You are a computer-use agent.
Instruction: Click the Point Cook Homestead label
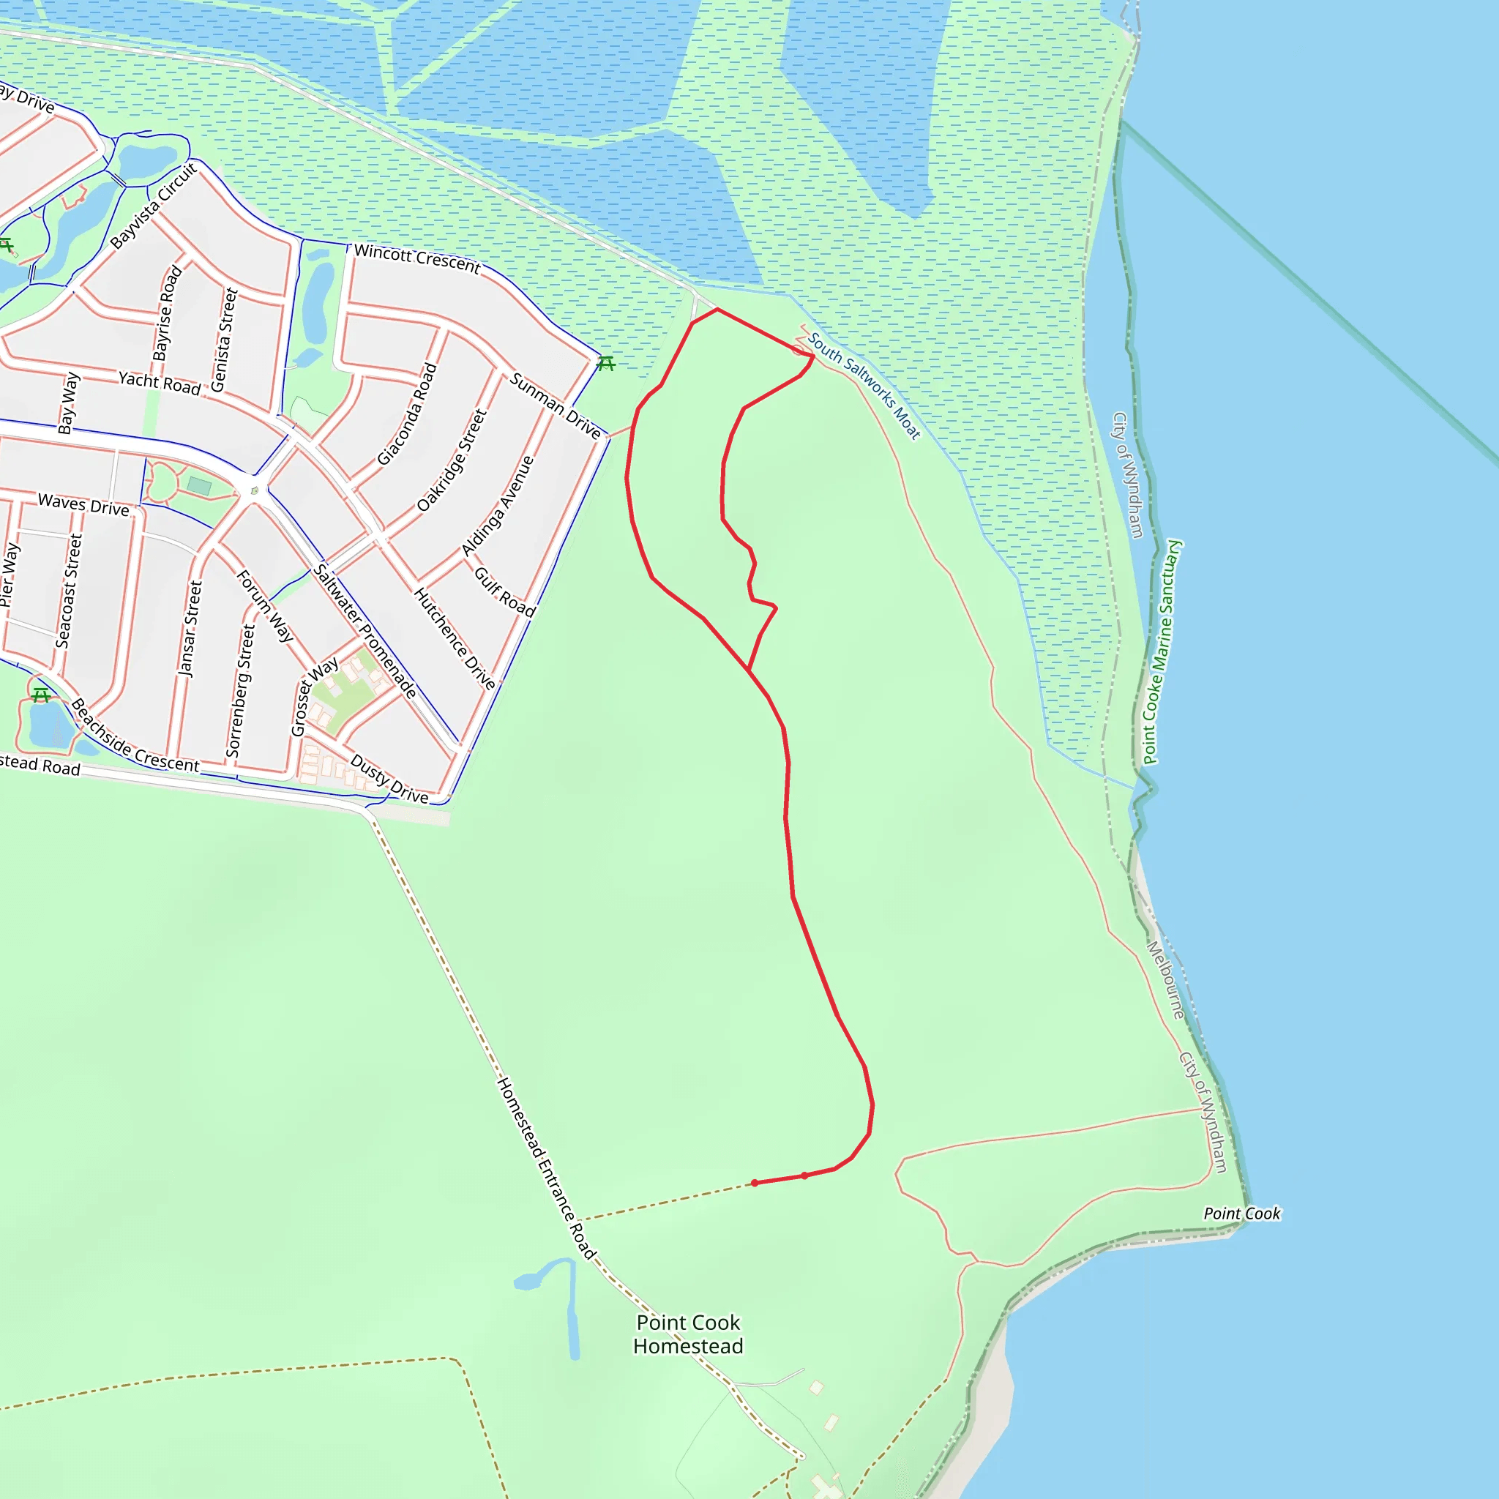tap(688, 1334)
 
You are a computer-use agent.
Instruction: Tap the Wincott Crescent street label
tap(416, 258)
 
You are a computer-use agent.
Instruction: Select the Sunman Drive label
tap(555, 405)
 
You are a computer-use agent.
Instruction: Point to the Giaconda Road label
tap(408, 414)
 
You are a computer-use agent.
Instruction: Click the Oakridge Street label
tap(452, 460)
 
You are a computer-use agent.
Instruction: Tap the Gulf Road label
tap(504, 592)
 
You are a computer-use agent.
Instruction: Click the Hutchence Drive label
tap(454, 638)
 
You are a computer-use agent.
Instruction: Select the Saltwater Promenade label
tap(365, 631)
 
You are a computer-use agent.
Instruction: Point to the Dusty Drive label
tap(389, 779)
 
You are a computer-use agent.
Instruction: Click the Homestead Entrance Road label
tap(546, 1167)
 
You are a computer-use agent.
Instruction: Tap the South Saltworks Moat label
tap(864, 386)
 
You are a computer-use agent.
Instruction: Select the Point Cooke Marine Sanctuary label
tap(1161, 651)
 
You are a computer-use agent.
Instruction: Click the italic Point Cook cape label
tap(1241, 1214)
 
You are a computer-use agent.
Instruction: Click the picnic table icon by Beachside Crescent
tap(41, 695)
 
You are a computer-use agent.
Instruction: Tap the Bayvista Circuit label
tap(154, 206)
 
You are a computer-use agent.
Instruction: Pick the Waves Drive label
tap(83, 504)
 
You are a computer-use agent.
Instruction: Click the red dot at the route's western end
tap(754, 1184)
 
